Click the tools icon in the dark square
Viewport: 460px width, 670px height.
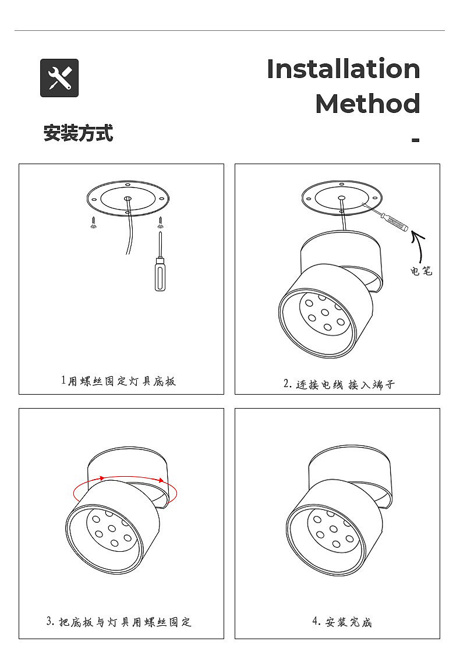[59, 78]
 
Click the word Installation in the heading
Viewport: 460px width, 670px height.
[344, 69]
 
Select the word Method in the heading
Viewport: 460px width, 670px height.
[367, 104]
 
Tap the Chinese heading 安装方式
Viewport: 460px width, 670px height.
[78, 133]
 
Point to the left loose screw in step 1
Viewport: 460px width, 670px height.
[94, 222]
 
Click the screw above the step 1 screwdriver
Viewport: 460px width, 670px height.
[160, 222]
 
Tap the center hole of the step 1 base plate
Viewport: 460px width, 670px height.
[128, 198]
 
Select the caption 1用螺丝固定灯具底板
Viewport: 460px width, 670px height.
[118, 381]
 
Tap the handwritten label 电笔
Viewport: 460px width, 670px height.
[421, 271]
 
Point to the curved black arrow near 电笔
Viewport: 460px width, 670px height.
[418, 246]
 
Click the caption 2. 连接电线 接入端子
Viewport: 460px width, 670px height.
[338, 384]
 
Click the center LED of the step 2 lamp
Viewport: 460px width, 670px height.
[324, 311]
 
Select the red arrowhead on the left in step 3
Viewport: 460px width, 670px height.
[102, 478]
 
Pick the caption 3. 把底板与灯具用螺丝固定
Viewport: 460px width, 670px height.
[119, 622]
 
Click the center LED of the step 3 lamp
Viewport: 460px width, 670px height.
[112, 529]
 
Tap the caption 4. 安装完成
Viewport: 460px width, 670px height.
[342, 622]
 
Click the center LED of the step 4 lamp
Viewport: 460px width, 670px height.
[333, 529]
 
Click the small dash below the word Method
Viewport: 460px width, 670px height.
[416, 140]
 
